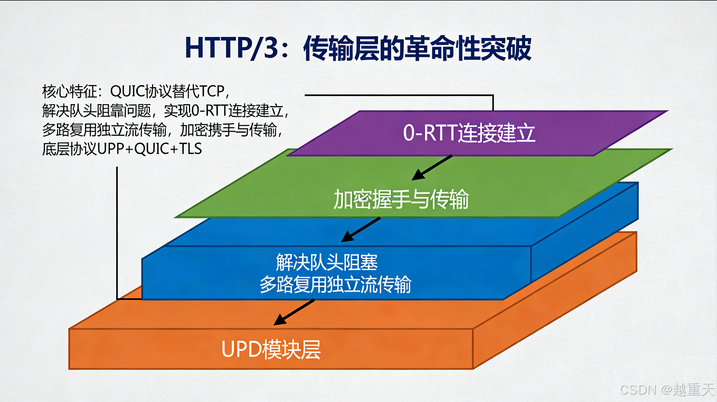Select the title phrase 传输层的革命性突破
pos(417,49)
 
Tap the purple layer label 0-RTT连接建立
pos(469,133)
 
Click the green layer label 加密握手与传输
pos(401,200)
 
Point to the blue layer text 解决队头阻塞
pos(327,262)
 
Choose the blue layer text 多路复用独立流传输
pos(335,285)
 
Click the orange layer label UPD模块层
pos(271,350)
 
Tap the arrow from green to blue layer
pos(361,229)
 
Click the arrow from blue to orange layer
pos(294,312)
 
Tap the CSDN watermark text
pos(638,390)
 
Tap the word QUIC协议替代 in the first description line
pos(155,91)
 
